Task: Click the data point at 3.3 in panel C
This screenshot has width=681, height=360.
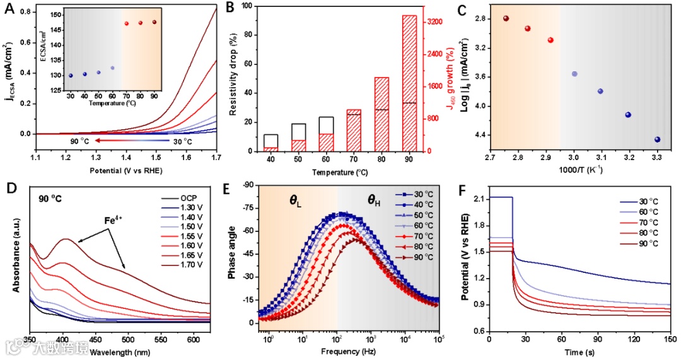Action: (x=658, y=139)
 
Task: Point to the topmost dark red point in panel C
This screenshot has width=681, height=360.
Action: (x=506, y=18)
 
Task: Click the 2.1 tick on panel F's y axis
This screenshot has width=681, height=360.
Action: (x=479, y=199)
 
